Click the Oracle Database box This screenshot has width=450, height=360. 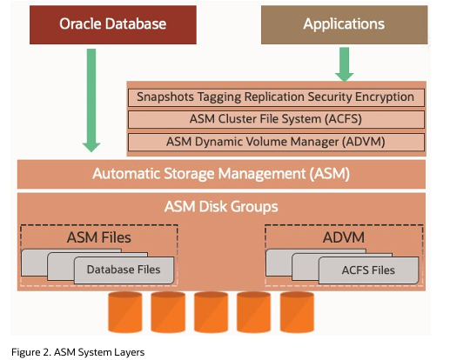(113, 24)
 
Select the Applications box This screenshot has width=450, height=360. (345, 24)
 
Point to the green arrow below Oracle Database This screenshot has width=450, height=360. (91, 100)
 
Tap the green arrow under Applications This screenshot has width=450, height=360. (345, 64)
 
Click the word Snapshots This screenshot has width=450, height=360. (165, 97)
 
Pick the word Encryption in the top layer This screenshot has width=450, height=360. (385, 97)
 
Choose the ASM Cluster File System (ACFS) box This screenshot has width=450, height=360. (276, 119)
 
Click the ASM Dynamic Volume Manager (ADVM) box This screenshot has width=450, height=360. (276, 142)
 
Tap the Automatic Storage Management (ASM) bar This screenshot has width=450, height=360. (221, 174)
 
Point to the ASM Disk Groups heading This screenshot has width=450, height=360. (221, 207)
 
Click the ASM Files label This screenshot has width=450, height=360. (99, 237)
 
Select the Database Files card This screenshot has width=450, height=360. (124, 270)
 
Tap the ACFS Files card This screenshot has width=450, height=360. (368, 270)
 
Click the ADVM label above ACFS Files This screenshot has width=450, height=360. (344, 237)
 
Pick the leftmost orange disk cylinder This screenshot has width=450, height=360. (125, 312)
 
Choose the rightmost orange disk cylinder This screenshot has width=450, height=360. (297, 312)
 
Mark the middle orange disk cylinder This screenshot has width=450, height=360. (211, 312)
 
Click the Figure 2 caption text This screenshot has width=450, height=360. (77, 352)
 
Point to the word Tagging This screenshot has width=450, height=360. (219, 97)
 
